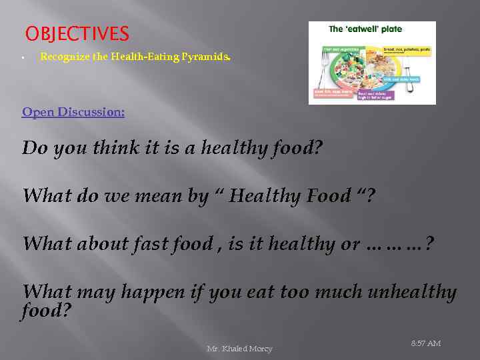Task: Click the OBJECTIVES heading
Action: point(77,33)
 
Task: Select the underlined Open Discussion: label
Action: point(73,112)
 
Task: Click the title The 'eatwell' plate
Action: point(365,29)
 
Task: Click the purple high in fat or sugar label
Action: point(376,95)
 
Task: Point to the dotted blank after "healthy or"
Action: point(396,245)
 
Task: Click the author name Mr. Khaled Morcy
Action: point(239,349)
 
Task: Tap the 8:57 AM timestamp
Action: point(425,343)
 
